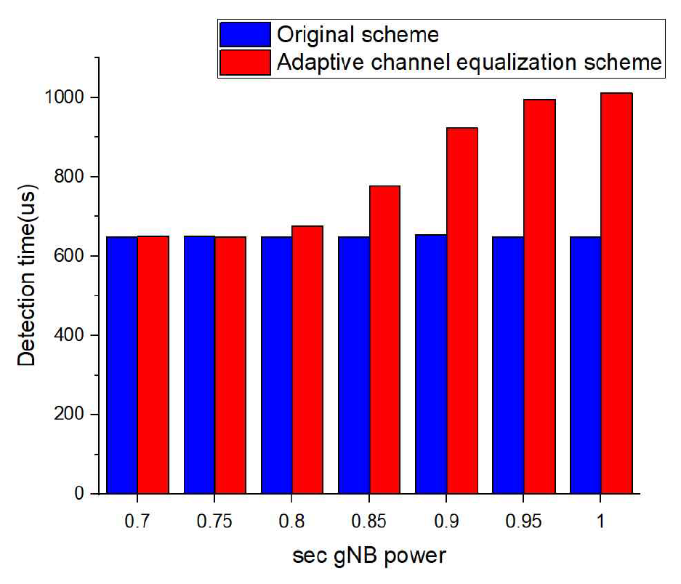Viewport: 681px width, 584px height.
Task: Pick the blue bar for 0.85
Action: coord(354,365)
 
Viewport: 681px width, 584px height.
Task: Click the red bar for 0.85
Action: coord(384,340)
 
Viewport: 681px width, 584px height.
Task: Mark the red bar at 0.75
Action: coord(230,365)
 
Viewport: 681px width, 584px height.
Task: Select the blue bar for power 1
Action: coord(586,365)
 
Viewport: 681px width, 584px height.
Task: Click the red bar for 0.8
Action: coord(307,359)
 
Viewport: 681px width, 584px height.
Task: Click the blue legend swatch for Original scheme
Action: coord(243,35)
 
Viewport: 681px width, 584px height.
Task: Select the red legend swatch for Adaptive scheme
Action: coord(243,63)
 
